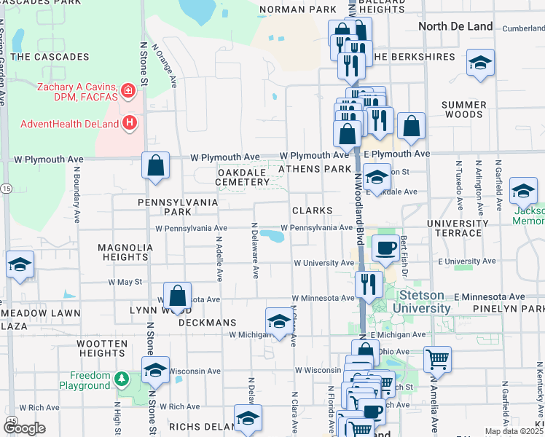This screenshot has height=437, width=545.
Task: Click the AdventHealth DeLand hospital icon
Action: pos(130,122)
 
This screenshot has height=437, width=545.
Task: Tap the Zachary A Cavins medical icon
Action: pos(129,91)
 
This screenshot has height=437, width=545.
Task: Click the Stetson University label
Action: pos(424,302)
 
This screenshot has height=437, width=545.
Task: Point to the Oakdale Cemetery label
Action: pos(243,176)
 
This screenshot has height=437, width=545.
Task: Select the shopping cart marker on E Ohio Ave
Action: pos(436,358)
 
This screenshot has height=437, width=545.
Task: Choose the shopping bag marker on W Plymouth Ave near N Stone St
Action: pos(156,165)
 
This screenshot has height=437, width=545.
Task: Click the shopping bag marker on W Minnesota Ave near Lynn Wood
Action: pos(177,296)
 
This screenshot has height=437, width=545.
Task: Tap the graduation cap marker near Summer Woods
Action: pos(481,63)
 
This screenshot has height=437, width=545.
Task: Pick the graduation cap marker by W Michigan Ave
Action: pos(278,321)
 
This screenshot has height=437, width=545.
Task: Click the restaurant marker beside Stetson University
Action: pos(369,284)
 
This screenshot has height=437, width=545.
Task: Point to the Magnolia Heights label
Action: pos(125,252)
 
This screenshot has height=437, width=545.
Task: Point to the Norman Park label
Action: pos(297,10)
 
